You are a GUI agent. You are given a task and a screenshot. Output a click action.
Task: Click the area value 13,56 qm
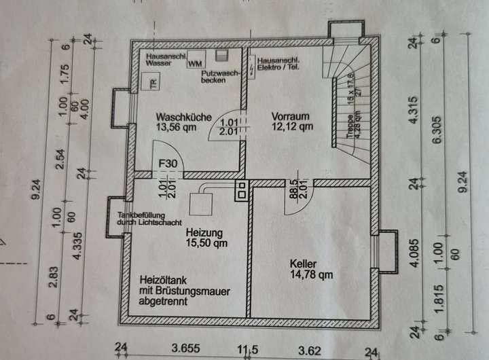[x=177, y=126]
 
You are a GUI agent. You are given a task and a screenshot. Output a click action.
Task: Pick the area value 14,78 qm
[x=310, y=274]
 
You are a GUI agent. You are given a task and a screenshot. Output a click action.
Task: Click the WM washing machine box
[x=195, y=64]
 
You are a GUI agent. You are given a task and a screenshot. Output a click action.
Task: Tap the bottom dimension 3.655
[x=184, y=350]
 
